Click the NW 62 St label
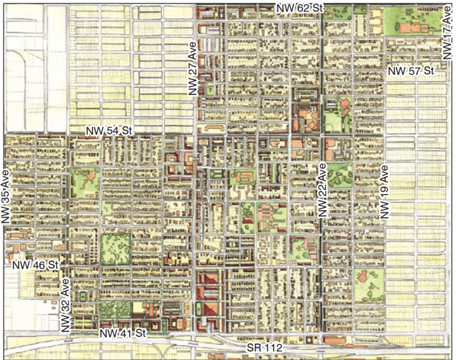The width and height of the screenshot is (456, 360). coord(298,7)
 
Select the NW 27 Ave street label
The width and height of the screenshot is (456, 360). coord(193,73)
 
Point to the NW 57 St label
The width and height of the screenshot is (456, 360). coord(412,71)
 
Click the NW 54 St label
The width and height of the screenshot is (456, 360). coord(110,130)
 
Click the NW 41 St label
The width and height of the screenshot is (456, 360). coord(122,333)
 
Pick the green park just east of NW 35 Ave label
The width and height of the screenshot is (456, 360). coord(85,183)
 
